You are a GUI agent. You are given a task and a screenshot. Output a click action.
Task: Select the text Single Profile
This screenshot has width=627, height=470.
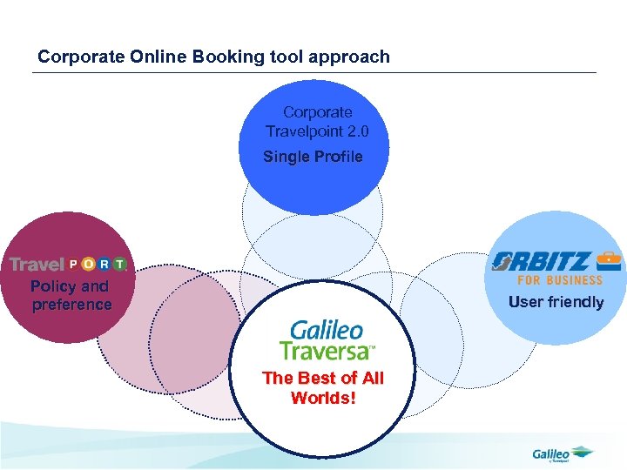click(x=313, y=157)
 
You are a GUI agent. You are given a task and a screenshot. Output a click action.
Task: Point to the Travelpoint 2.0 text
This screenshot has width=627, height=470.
click(x=318, y=131)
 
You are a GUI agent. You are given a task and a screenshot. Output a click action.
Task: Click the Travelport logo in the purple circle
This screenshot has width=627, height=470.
click(x=68, y=264)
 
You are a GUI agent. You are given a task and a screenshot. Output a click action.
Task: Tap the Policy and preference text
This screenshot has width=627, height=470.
click(x=71, y=295)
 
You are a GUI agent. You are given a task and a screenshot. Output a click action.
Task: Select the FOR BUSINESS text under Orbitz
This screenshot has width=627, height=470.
click(x=560, y=280)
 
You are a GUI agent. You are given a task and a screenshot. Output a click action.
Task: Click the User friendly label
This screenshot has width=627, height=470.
click(x=556, y=302)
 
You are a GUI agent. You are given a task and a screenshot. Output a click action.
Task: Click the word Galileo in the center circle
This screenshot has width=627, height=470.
click(x=327, y=330)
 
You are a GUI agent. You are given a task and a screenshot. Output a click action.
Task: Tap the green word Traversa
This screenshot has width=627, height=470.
click(x=324, y=350)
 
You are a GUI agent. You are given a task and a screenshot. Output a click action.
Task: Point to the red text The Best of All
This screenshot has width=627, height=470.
click(x=323, y=378)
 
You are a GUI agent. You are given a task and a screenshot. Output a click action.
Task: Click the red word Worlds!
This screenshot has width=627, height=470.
click(x=323, y=398)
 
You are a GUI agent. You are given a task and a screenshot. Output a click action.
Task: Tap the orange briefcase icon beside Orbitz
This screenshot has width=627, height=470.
click(x=609, y=259)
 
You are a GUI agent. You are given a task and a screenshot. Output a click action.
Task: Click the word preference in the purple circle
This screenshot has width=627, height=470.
click(x=72, y=305)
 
